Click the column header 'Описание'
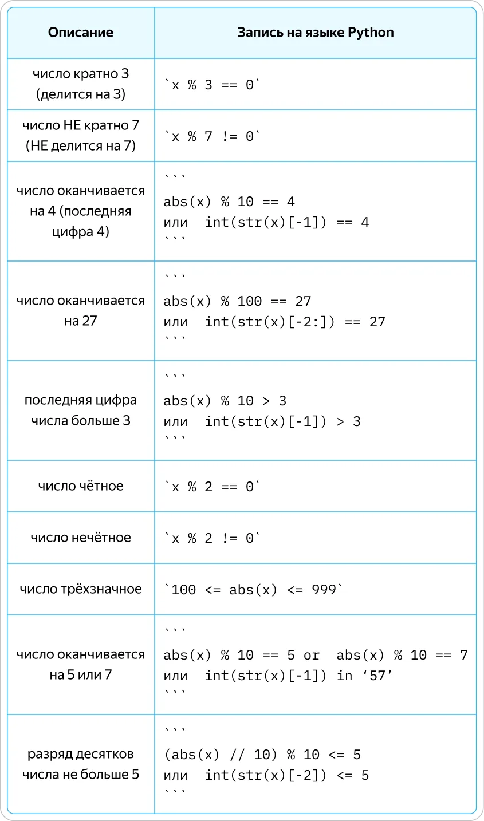[x=81, y=32]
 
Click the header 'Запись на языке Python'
[x=316, y=33]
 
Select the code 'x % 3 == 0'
[x=213, y=85]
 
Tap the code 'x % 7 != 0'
[x=213, y=136]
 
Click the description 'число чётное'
[x=81, y=486]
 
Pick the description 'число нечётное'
[x=81, y=538]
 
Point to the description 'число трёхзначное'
[x=81, y=589]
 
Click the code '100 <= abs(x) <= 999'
[x=254, y=590]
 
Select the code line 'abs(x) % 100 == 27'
[x=237, y=301]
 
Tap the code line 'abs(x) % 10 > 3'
[x=225, y=401]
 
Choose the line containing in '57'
[x=278, y=676]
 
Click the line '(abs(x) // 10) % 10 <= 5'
[x=262, y=755]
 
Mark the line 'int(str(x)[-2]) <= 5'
[x=266, y=775]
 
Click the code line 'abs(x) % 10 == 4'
[x=229, y=202]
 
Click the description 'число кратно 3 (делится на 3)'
[x=81, y=84]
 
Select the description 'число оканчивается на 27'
[x=81, y=310]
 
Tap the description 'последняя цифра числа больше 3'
[x=81, y=410]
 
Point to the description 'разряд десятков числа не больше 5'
[x=81, y=764]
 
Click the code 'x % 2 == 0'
[x=213, y=487]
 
